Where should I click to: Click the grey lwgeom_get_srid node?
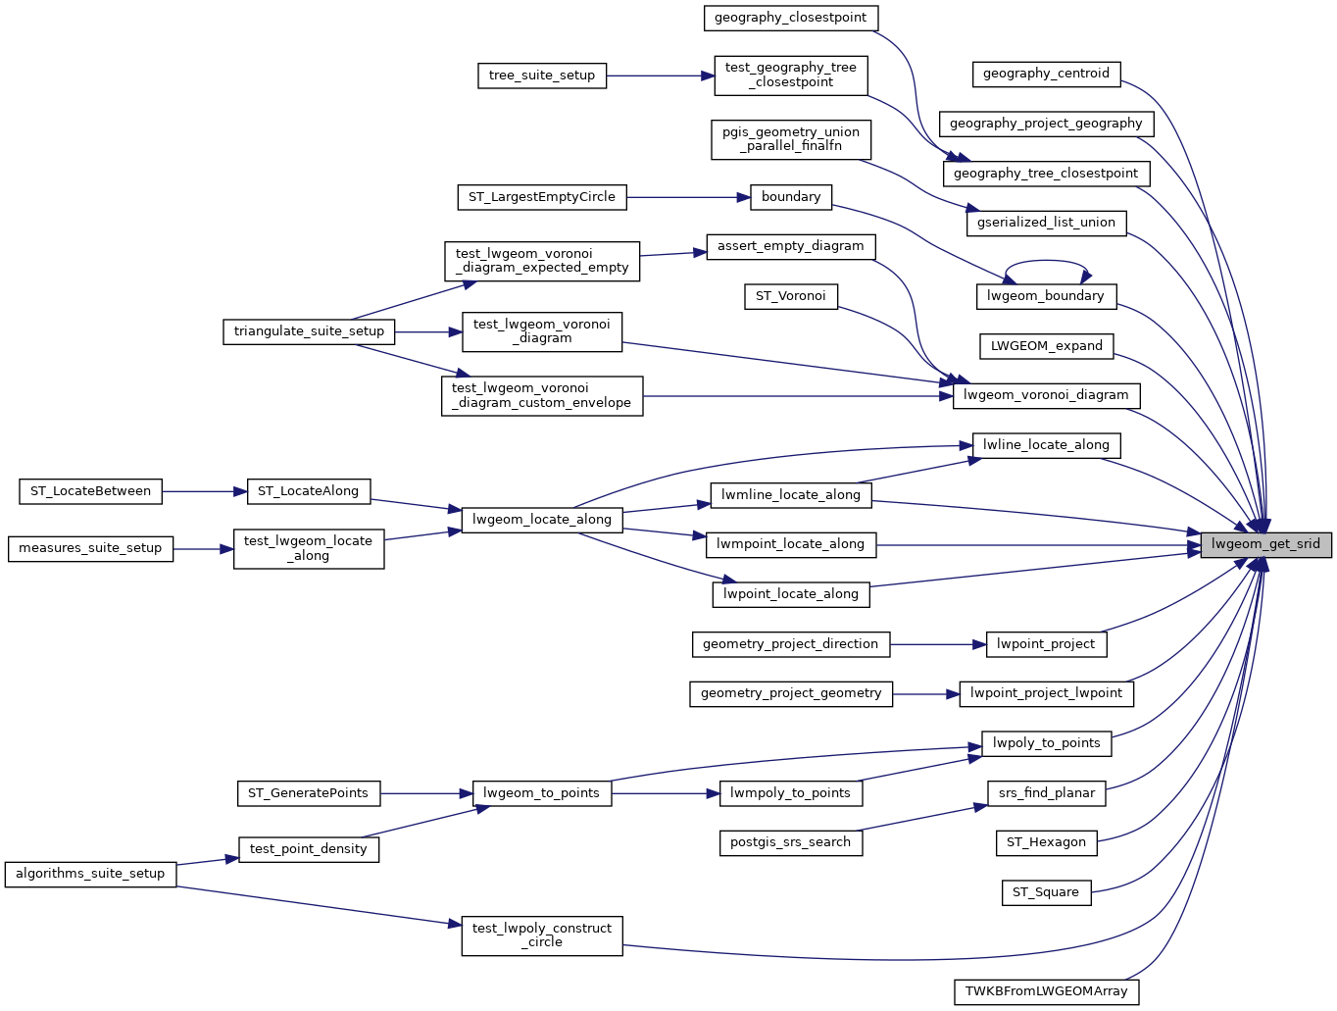coord(1265,544)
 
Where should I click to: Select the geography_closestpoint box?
coord(790,18)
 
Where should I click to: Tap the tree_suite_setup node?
coord(542,76)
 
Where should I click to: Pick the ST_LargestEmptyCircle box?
coord(541,197)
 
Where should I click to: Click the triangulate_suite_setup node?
coord(309,331)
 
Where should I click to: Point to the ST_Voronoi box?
coord(790,296)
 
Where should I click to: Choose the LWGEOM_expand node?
coord(1046,346)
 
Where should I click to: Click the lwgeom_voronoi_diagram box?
coord(1046,395)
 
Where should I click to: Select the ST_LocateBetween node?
coord(90,491)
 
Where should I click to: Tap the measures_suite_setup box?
coord(90,548)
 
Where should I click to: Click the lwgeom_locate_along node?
coord(541,520)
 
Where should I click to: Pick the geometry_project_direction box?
coord(790,644)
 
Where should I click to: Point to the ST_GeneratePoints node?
coord(308,793)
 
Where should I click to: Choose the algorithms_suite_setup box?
coord(90,874)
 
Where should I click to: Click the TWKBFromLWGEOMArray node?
coord(1046,991)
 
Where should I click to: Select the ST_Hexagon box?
coord(1046,842)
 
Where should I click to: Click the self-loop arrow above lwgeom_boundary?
coord(1046,261)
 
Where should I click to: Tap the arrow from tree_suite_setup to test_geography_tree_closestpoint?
coord(661,76)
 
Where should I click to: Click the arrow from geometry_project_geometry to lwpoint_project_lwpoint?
coord(926,694)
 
